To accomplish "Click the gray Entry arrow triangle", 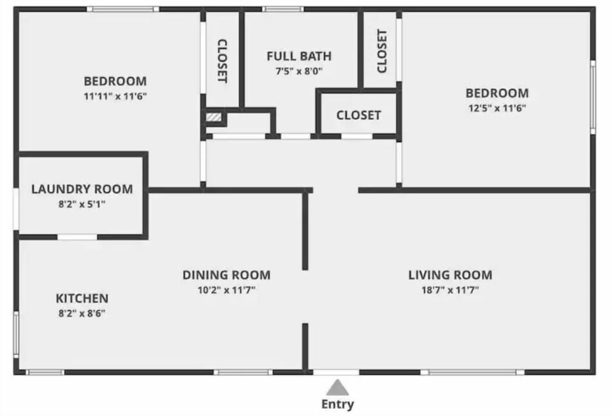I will (338, 387).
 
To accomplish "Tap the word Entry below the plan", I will (337, 404).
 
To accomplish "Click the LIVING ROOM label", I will (450, 275).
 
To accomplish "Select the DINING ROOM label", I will (226, 275).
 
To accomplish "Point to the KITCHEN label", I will (82, 298).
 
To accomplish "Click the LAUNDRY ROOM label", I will (82, 189).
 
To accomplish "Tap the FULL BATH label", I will (299, 56).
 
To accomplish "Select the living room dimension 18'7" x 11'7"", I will (450, 290).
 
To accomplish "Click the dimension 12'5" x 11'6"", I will (497, 108).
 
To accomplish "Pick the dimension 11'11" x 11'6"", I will (115, 96).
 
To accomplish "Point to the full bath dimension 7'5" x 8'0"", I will (299, 71).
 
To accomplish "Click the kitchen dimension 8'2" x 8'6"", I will (82, 313).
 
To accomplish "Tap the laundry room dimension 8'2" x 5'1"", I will (82, 204).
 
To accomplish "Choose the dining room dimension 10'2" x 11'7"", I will (226, 290).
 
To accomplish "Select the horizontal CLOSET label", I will (359, 115).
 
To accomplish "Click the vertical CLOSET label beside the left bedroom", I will (222, 61).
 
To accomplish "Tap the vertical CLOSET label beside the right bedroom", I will (382, 51).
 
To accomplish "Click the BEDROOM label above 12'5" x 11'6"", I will (497, 93).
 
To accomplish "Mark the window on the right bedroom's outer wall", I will (592, 97).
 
